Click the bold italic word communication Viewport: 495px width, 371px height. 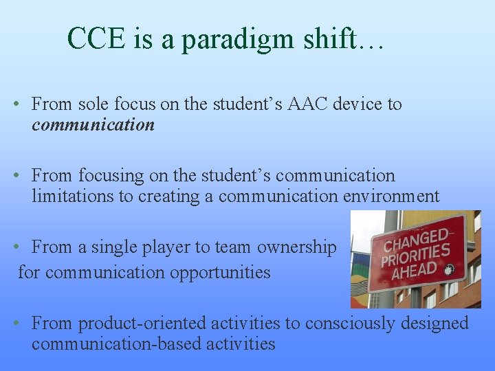(93, 124)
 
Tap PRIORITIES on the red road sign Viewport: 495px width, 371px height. (416, 257)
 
